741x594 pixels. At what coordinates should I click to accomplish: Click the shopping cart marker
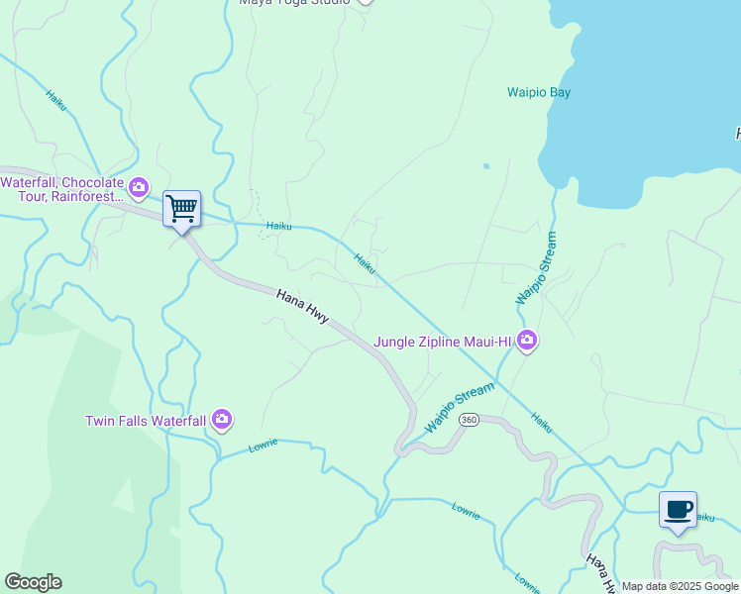click(181, 210)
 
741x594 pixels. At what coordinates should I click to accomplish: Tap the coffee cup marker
click(678, 511)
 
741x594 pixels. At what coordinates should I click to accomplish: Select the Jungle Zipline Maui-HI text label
click(442, 343)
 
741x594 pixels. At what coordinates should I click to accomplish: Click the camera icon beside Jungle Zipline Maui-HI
click(527, 342)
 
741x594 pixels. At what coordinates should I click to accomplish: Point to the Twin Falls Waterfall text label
click(145, 421)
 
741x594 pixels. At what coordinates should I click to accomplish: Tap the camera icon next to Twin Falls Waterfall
click(222, 420)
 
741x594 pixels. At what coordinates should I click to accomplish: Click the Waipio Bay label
click(539, 93)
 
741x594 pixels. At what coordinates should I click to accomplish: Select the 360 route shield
click(470, 420)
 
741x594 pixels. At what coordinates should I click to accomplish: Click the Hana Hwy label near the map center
click(301, 304)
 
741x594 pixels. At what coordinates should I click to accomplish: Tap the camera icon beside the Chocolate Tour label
click(139, 186)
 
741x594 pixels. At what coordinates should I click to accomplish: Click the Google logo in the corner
click(33, 582)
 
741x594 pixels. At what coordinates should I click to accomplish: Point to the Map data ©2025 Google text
click(680, 586)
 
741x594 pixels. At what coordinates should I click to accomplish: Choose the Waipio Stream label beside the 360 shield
click(460, 407)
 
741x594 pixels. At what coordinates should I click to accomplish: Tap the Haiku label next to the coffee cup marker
click(703, 517)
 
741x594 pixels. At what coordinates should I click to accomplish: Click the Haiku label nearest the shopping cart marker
click(278, 226)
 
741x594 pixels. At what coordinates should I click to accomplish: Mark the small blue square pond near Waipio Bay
click(486, 165)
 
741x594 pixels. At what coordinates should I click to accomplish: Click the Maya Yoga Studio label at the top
click(294, 2)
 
